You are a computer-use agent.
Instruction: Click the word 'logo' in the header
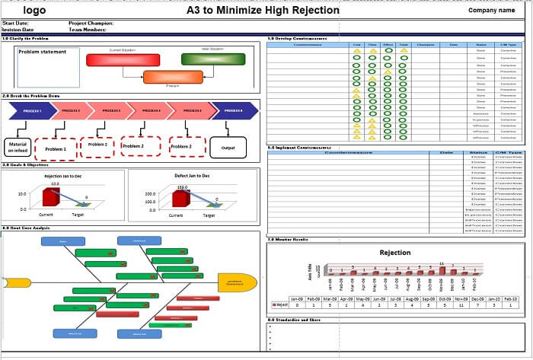[34, 11]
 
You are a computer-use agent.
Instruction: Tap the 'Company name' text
[492, 11]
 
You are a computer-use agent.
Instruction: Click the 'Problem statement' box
[47, 66]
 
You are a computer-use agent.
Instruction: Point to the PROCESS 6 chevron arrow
[236, 111]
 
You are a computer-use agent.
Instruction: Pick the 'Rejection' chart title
[394, 253]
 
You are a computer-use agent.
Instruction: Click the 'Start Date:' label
[16, 24]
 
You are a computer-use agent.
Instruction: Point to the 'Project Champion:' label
[91, 24]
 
